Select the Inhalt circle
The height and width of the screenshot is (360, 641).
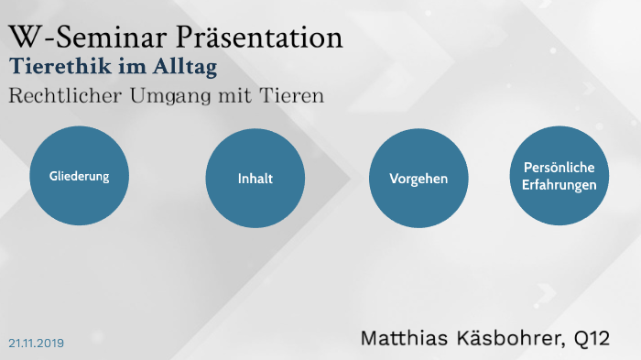coord(255,179)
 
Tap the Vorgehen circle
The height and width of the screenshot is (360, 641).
coord(418,179)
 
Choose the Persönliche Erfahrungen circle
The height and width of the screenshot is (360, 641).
coord(559,176)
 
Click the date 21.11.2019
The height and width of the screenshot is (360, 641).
coord(37,343)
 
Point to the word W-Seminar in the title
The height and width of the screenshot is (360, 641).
coord(77,38)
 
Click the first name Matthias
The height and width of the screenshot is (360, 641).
coord(407,337)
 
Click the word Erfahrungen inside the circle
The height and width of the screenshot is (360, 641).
coord(559,184)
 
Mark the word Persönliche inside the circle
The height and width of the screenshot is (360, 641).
coord(559,168)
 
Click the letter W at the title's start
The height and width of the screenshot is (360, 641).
coord(23,38)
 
